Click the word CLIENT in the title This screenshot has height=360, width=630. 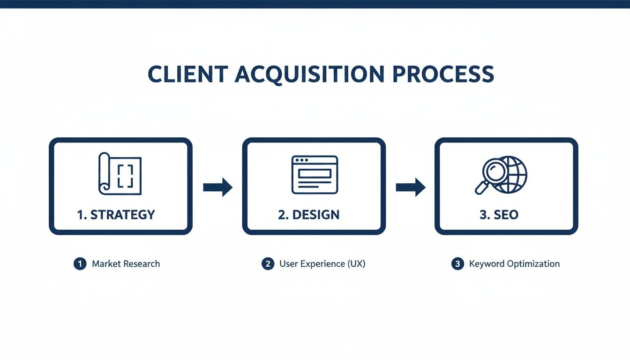point(187,75)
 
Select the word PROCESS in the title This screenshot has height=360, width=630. point(443,75)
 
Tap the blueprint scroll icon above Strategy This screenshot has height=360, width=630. point(120,174)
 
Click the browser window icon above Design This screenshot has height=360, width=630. point(315,175)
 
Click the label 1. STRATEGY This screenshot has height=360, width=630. point(116,215)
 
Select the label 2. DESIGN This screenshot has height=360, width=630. point(308,215)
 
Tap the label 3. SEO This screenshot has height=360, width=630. point(499,215)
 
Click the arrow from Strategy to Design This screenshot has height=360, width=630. point(217,187)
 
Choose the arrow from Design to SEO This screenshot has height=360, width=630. point(411,187)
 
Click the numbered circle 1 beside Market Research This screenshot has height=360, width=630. point(80,264)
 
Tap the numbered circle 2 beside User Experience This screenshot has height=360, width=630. point(268,264)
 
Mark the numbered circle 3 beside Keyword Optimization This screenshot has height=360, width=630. point(457,264)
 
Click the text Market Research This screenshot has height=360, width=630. point(126,264)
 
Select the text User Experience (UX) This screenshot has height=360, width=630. point(322,264)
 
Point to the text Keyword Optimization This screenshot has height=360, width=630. point(514,264)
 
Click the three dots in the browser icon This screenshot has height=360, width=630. point(300,161)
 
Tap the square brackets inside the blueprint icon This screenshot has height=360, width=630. point(125,176)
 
